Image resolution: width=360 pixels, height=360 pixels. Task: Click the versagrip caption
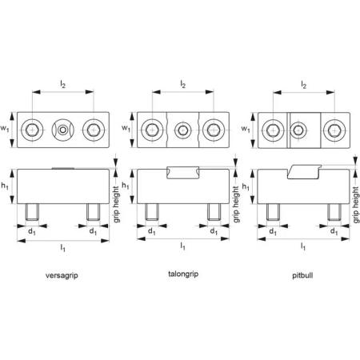[x=62, y=275]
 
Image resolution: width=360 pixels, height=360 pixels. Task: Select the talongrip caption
[x=183, y=274]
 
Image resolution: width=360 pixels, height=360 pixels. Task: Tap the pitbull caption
[x=302, y=275]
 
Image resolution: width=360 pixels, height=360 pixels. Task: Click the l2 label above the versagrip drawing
[x=62, y=84]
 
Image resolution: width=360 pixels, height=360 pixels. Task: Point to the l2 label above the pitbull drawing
[x=304, y=85]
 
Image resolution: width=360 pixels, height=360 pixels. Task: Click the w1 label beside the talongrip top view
[x=126, y=128]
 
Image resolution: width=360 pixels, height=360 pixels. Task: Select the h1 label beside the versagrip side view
[x=5, y=186]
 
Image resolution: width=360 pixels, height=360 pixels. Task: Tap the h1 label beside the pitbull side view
[x=246, y=186]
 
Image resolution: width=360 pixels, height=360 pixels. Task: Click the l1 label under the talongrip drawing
[x=182, y=246]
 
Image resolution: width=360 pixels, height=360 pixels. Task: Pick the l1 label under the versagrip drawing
[x=62, y=248]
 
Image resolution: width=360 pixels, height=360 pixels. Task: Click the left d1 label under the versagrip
[x=32, y=232]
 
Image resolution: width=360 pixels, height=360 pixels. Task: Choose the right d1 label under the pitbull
[x=334, y=231]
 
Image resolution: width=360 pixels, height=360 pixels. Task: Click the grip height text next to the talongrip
[x=236, y=204]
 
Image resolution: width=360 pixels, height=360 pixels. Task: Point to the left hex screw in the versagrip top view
[x=33, y=130]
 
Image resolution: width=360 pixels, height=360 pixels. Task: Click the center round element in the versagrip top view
[x=63, y=130]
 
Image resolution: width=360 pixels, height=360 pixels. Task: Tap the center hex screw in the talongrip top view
[x=183, y=130]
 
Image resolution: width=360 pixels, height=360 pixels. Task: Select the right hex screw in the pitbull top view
[x=334, y=130]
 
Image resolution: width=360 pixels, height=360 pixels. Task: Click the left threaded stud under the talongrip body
[x=152, y=212]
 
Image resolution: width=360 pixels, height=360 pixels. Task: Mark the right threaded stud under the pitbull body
[x=334, y=212]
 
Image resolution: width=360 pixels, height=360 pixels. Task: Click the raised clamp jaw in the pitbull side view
[x=304, y=172]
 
